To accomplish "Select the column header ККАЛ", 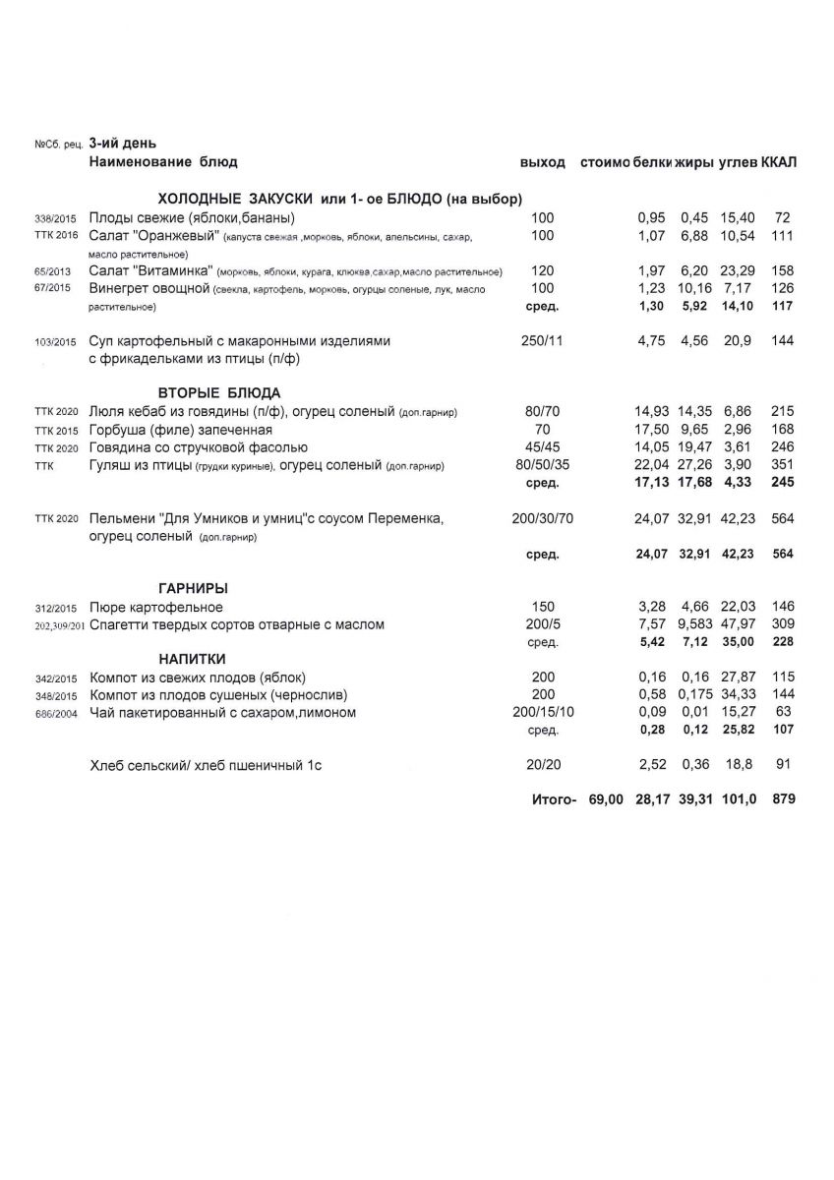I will (x=778, y=161).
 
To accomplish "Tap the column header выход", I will (x=543, y=161).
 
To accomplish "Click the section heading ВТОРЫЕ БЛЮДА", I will (x=220, y=391).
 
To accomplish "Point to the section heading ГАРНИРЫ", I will (x=194, y=588).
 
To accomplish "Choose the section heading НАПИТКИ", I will (x=193, y=658).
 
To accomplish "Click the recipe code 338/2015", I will (x=55, y=217).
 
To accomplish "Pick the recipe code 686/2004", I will (x=55, y=714).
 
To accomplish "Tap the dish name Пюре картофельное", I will (x=155, y=608).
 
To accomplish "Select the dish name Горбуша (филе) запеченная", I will (x=180, y=430).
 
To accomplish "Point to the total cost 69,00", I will (x=606, y=800).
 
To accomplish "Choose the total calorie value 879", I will (x=783, y=800).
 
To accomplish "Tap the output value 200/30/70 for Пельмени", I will (x=543, y=518).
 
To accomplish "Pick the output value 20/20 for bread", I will (x=543, y=764).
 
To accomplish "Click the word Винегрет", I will (x=119, y=288).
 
